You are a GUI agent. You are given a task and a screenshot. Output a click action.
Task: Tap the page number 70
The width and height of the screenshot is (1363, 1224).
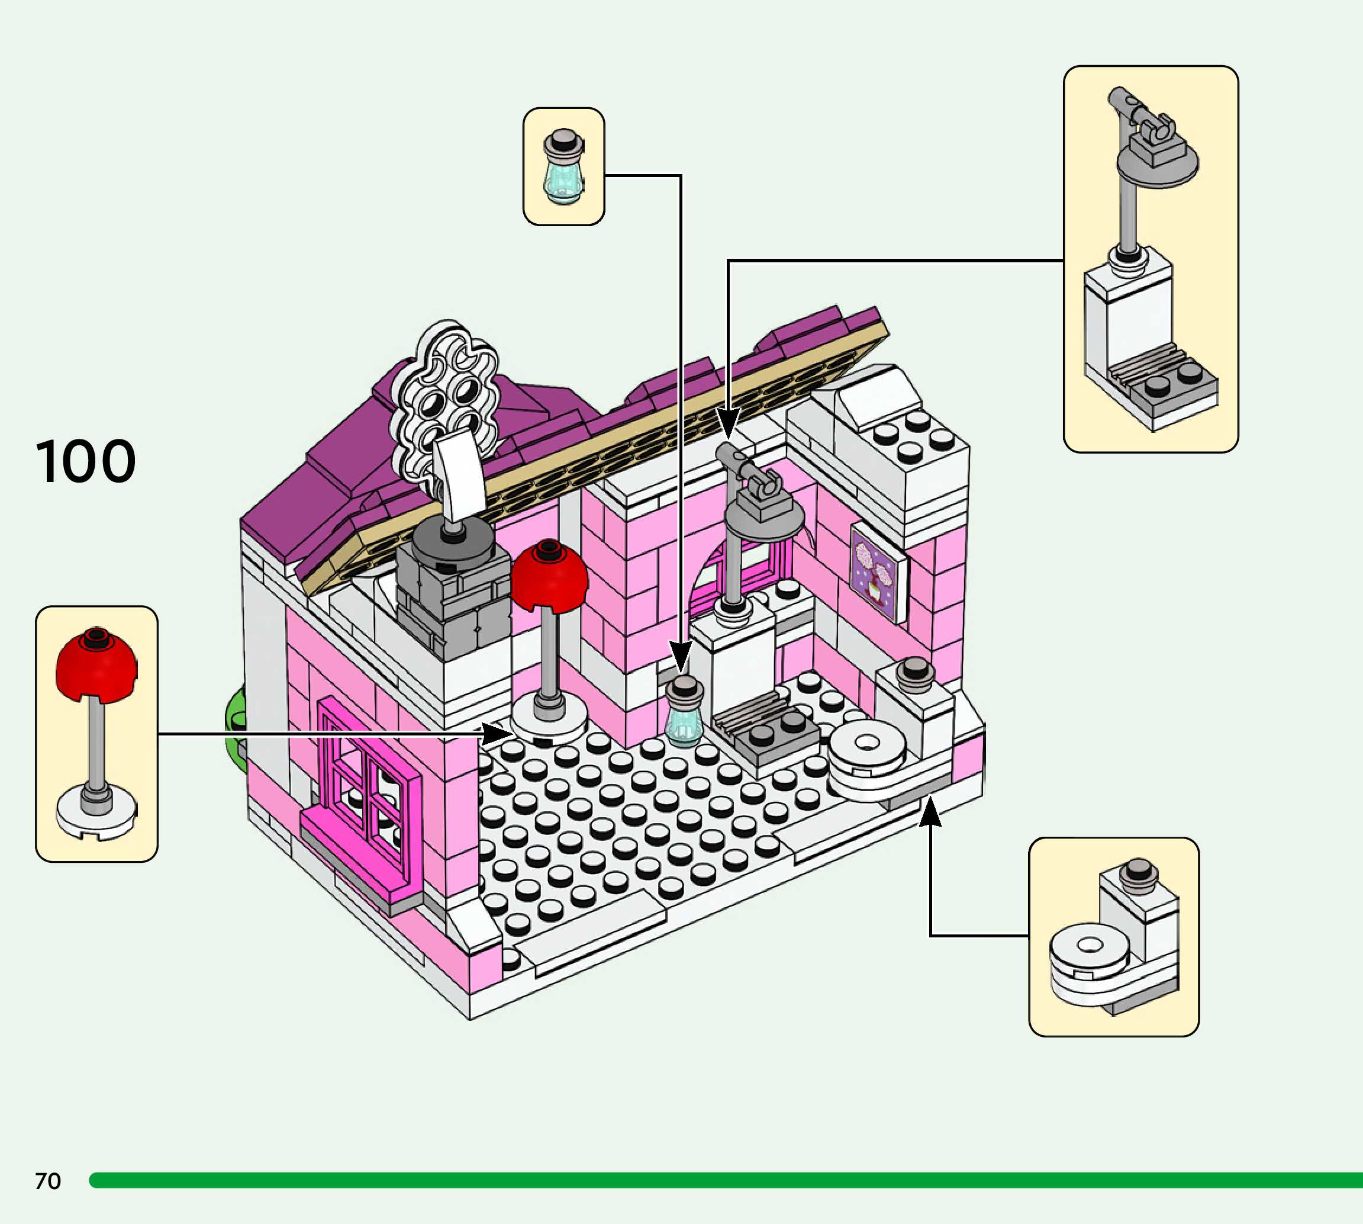point(48,1181)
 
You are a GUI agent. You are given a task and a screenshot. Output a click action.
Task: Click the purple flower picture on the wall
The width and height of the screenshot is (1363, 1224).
point(874,571)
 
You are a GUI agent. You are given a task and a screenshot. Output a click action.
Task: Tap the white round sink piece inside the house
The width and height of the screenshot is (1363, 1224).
point(867,747)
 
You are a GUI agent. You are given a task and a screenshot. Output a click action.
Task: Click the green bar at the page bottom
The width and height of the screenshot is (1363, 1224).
point(726,1180)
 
